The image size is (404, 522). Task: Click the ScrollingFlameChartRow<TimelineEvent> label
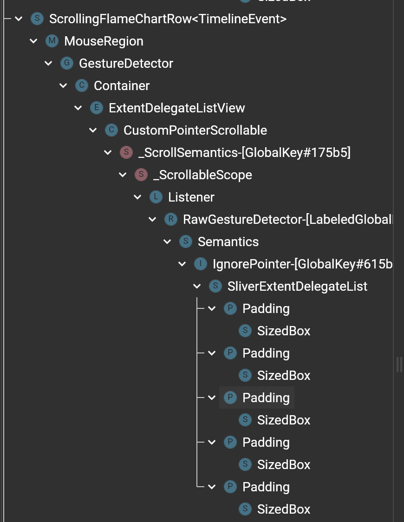168,19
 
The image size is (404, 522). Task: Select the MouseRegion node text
104,41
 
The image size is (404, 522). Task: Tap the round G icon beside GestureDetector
67,63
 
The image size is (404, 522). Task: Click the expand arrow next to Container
63,86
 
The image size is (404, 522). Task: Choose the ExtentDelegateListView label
176,108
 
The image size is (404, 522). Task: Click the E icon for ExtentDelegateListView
97,108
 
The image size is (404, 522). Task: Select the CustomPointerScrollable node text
195,130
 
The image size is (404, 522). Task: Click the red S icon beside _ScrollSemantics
126,152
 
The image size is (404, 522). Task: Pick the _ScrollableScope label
202,175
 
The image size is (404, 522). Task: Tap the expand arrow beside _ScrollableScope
123,175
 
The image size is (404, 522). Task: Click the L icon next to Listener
156,197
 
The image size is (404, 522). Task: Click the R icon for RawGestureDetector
171,219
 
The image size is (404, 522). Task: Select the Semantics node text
228,242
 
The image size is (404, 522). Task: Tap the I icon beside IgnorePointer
201,264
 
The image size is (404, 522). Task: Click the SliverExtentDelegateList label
297,287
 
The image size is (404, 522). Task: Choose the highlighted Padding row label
266,398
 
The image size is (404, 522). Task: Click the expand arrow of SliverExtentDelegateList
197,287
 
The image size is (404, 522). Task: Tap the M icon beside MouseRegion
52,41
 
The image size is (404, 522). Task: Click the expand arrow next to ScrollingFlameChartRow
19,19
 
